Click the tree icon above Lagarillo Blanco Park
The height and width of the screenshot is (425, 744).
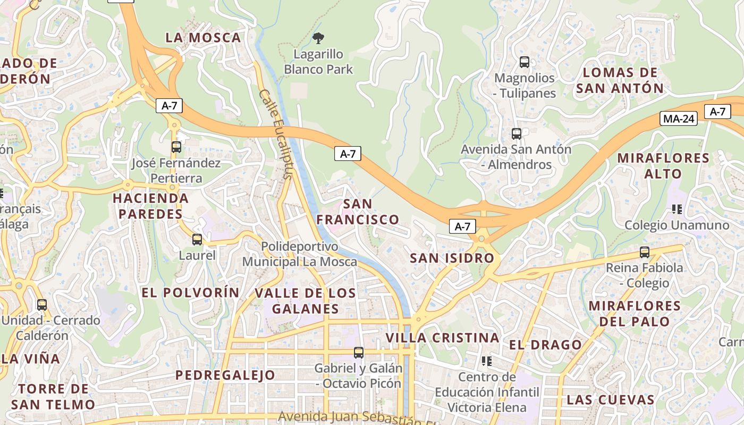(318, 38)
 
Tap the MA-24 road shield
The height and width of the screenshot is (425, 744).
(679, 118)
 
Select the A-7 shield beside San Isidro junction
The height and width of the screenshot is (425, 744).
(462, 226)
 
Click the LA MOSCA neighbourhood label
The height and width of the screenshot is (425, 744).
(204, 38)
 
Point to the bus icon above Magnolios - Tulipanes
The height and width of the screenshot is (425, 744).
(525, 62)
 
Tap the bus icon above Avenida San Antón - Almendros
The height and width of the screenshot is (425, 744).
(516, 134)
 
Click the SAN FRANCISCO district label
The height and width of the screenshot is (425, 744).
(358, 211)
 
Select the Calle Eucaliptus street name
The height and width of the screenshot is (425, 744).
(276, 134)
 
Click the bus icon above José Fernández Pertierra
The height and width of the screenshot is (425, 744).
(176, 147)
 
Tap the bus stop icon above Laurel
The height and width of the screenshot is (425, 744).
(197, 240)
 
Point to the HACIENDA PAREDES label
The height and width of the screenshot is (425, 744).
(150, 206)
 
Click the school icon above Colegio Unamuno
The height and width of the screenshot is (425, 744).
(677, 209)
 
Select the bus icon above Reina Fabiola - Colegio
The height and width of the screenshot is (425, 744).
(645, 252)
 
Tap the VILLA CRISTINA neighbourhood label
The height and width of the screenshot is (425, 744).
(442, 338)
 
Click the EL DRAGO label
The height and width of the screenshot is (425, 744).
(545, 345)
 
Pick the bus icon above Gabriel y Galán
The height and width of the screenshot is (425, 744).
(359, 352)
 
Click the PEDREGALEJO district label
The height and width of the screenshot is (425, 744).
(225, 375)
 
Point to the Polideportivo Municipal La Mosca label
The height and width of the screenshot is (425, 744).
(300, 254)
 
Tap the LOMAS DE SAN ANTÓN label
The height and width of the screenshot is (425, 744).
(620, 80)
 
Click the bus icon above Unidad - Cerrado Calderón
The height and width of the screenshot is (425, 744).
(42, 305)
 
